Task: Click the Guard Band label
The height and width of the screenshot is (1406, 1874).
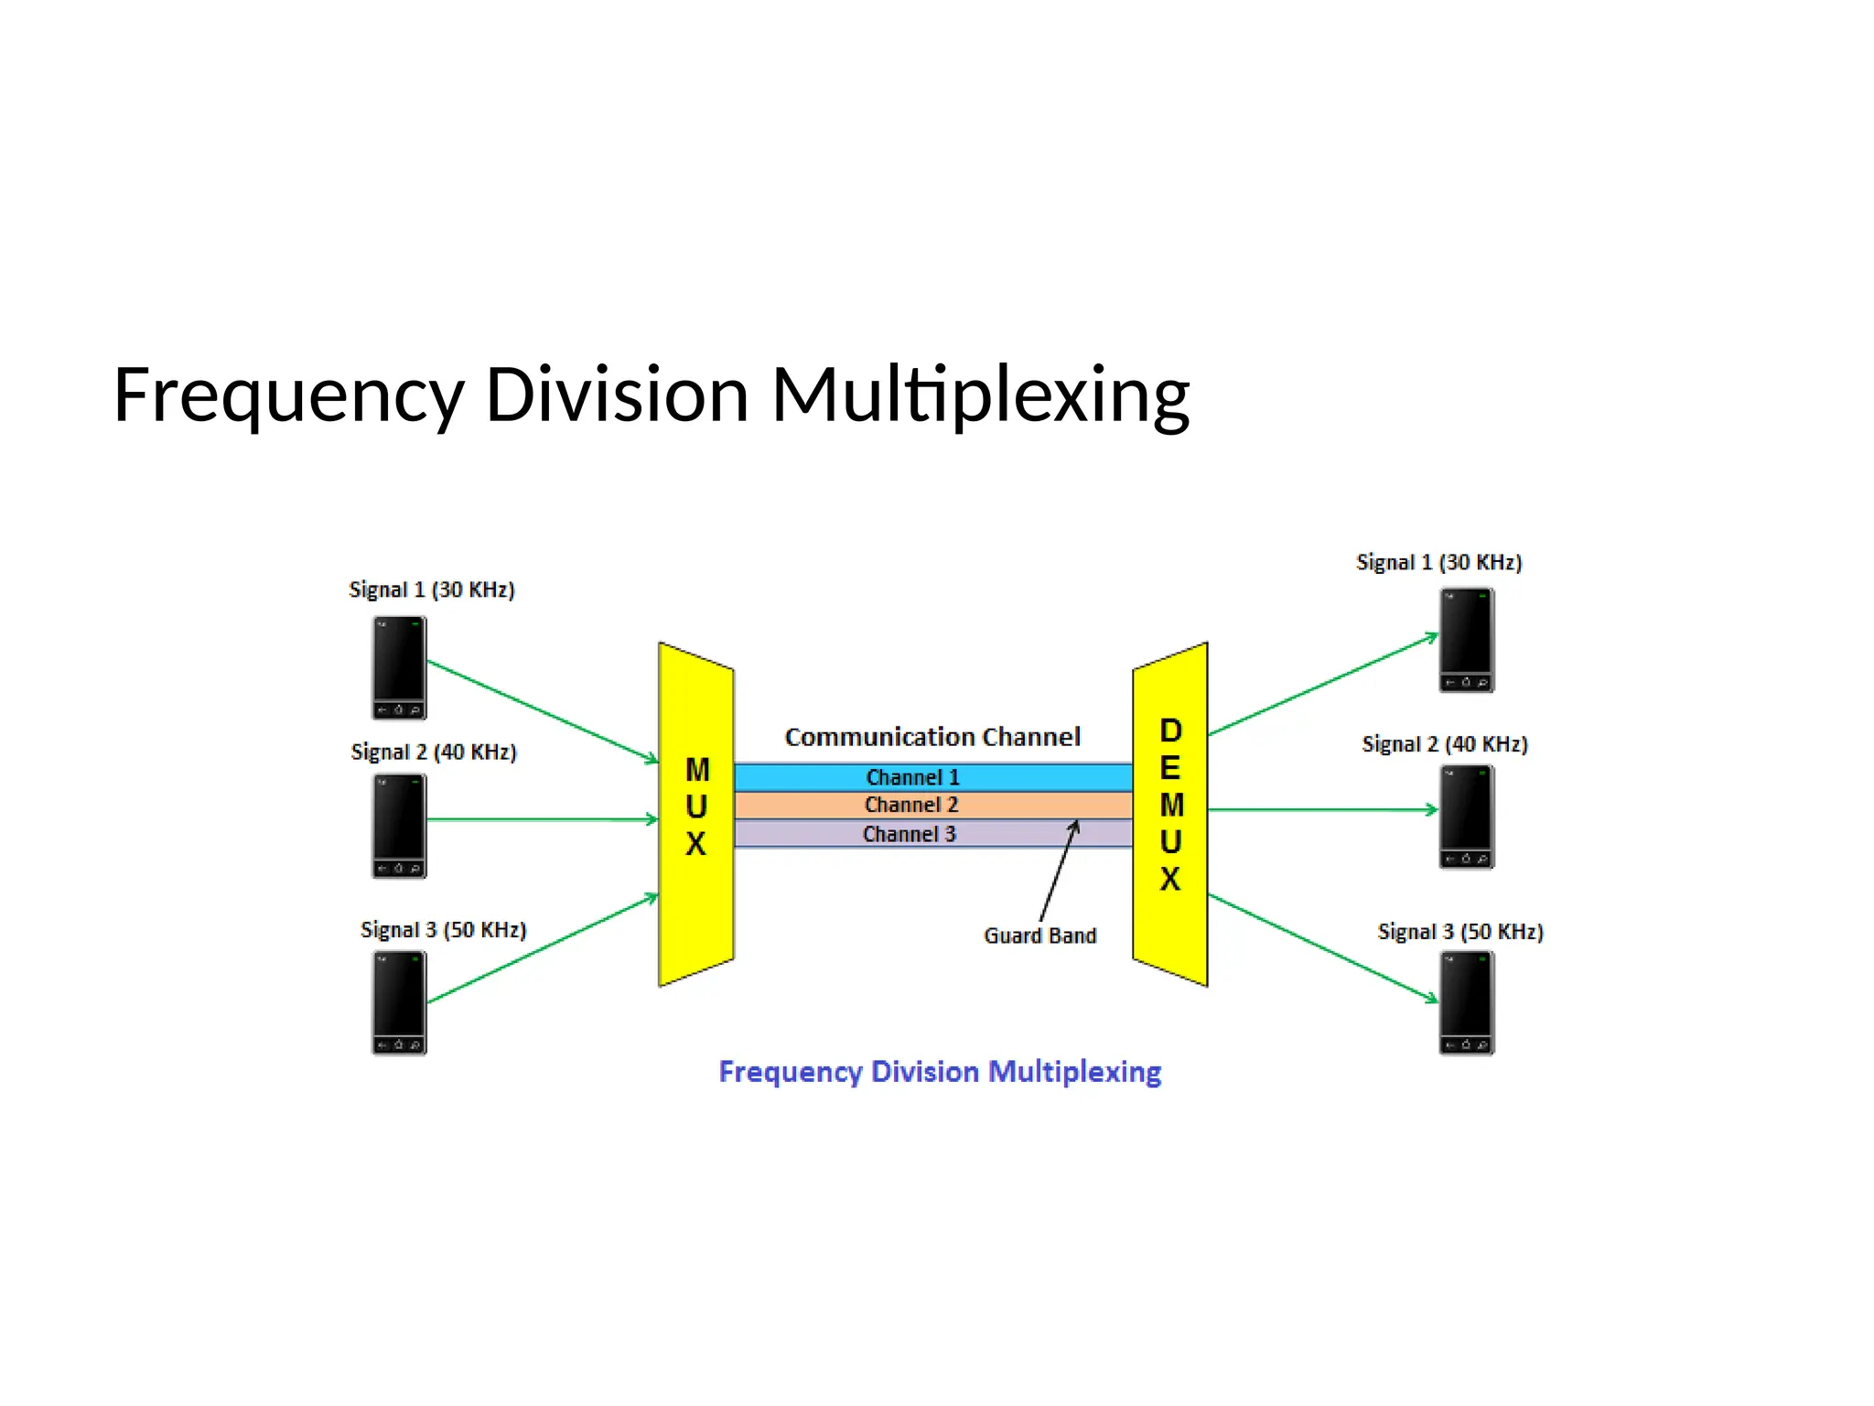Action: click(x=1039, y=936)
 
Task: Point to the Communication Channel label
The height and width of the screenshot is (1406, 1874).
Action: click(x=932, y=737)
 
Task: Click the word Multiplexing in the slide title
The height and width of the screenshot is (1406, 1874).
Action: click(x=980, y=395)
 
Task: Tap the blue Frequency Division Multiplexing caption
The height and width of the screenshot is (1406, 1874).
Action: click(x=940, y=1071)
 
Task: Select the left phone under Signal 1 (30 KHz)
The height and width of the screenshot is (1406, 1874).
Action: click(x=399, y=667)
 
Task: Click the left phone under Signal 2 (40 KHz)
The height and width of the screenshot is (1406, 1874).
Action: click(x=399, y=826)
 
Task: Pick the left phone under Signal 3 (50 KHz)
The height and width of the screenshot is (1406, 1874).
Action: click(x=399, y=1003)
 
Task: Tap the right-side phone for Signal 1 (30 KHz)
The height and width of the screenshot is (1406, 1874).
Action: click(x=1466, y=640)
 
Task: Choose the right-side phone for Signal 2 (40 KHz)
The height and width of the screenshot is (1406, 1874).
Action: click(x=1466, y=817)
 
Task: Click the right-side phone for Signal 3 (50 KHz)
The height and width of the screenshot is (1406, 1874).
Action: click(x=1466, y=1003)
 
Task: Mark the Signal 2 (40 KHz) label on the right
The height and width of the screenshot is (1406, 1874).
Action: click(x=1444, y=744)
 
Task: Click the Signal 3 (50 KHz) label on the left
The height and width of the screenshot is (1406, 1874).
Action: click(x=443, y=930)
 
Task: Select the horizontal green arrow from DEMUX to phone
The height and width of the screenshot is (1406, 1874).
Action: click(x=1322, y=809)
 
